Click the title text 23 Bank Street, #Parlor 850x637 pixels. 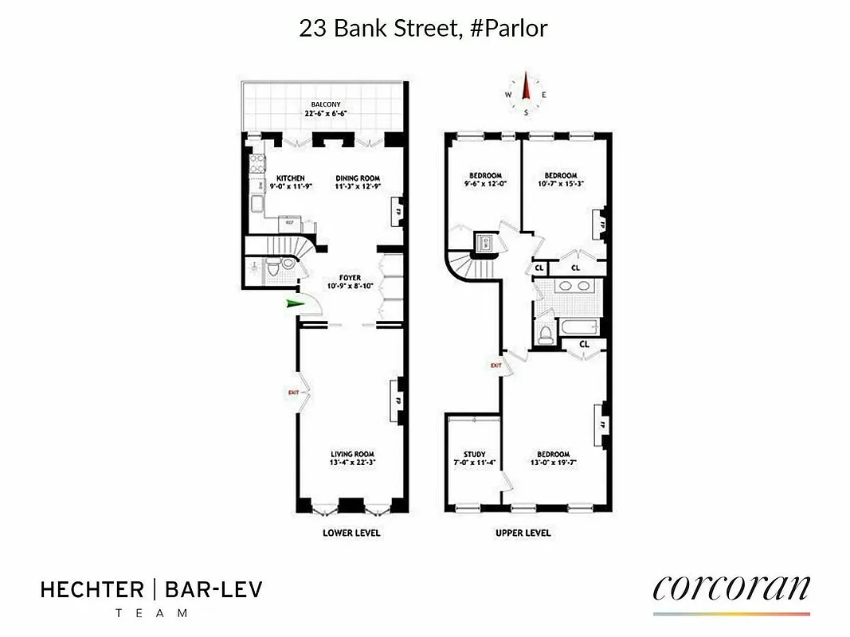pyautogui.click(x=423, y=29)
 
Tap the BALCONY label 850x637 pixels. pyautogui.click(x=327, y=105)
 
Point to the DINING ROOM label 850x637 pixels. pyautogui.click(x=358, y=178)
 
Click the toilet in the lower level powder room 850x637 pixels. pyautogui.click(x=272, y=269)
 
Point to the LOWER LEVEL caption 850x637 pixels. pyautogui.click(x=351, y=533)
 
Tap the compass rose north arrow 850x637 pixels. pyautogui.click(x=526, y=89)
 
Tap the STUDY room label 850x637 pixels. pyautogui.click(x=475, y=455)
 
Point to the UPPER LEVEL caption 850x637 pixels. pyautogui.click(x=523, y=533)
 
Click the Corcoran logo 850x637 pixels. pyautogui.click(x=731, y=588)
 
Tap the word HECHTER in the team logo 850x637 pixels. pyautogui.click(x=92, y=590)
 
